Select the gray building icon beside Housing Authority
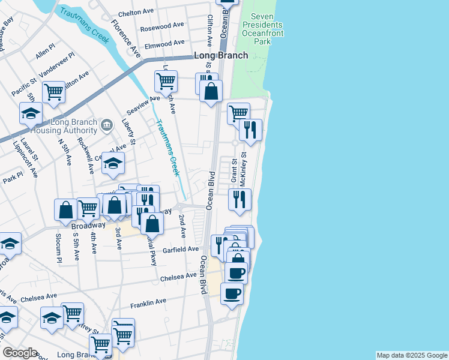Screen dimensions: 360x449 pos(107,125)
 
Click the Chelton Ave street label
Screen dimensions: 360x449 pos(137,12)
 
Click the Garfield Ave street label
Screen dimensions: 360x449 pos(179,249)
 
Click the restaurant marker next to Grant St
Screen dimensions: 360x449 pos(240,199)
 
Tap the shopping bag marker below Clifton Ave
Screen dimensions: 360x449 pos(211,91)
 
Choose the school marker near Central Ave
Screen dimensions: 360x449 pos(113,163)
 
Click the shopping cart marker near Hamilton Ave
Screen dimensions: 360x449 pos(53,92)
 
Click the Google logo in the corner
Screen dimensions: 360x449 pos(20,353)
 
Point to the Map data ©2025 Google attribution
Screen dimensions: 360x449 pos(412,355)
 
